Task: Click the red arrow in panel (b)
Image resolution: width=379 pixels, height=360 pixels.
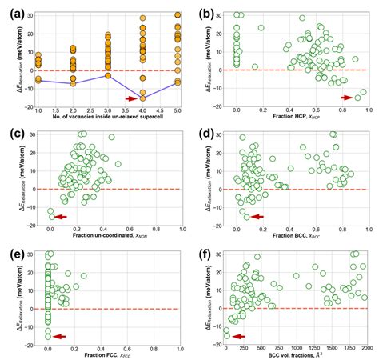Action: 346,98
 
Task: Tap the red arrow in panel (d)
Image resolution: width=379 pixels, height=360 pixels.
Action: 256,217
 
